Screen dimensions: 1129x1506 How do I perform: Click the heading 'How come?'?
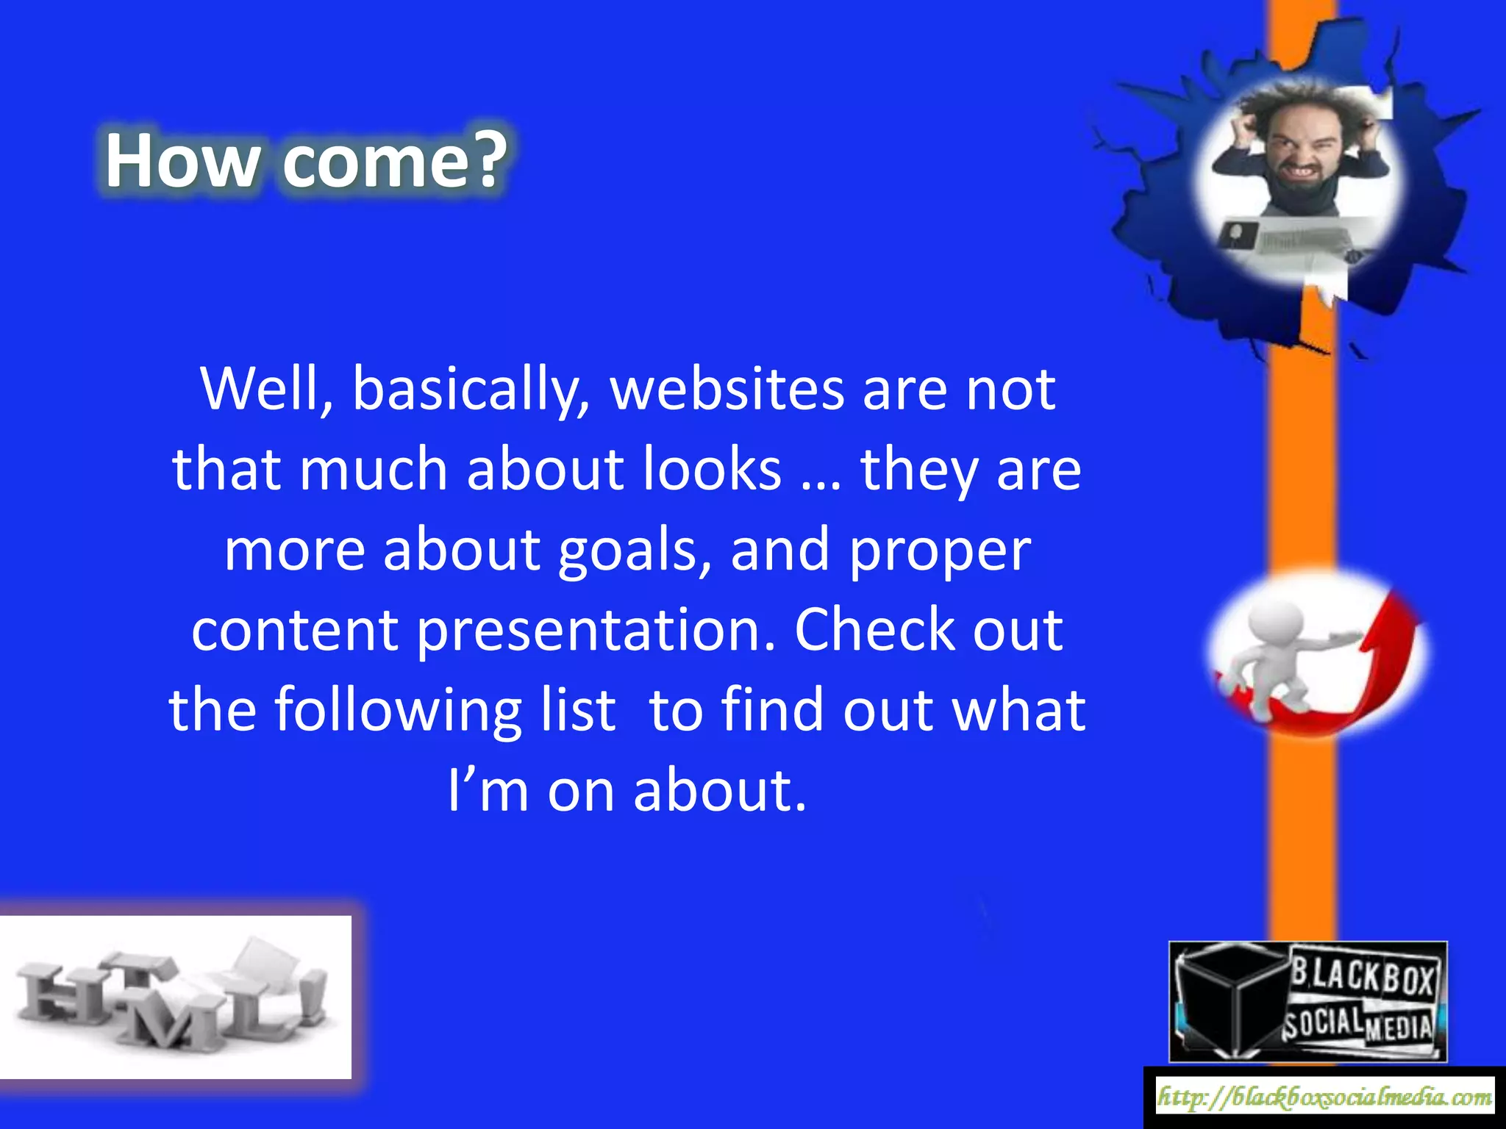(x=305, y=160)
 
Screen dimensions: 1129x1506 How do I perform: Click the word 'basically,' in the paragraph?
(x=471, y=390)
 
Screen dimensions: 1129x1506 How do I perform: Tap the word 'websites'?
(x=727, y=390)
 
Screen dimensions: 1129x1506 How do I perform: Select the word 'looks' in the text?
(x=712, y=470)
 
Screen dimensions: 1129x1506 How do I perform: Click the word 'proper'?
(x=939, y=552)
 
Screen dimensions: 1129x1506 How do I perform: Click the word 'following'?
(x=397, y=711)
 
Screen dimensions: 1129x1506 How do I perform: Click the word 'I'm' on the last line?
(x=488, y=792)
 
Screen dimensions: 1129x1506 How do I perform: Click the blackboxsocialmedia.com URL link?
(x=1324, y=1097)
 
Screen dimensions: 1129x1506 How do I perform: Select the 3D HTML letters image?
(x=174, y=997)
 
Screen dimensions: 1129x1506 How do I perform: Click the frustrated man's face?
(x=1299, y=151)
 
